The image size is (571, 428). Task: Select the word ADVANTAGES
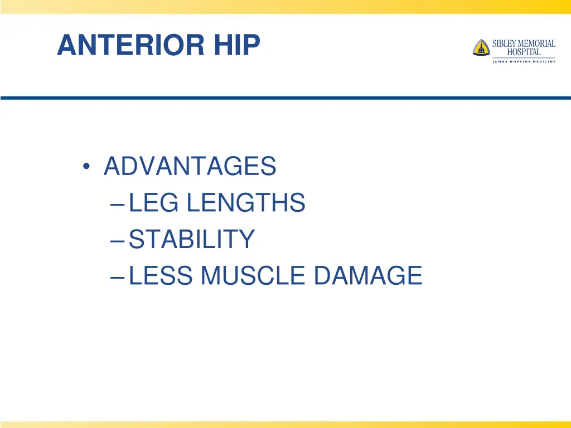pyautogui.click(x=190, y=166)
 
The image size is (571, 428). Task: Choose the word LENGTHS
pyautogui.click(x=246, y=203)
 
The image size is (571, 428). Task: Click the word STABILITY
pyautogui.click(x=192, y=239)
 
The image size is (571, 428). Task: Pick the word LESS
pyautogui.click(x=161, y=275)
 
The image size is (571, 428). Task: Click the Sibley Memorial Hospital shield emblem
pyautogui.click(x=481, y=47)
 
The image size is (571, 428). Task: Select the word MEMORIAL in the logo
pyautogui.click(x=537, y=43)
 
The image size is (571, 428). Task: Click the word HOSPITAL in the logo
pyautogui.click(x=524, y=52)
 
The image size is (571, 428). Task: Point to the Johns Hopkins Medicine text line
pyautogui.click(x=524, y=61)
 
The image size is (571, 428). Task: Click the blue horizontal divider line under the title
pyautogui.click(x=285, y=98)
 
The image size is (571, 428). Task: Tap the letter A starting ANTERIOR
pyautogui.click(x=65, y=45)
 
